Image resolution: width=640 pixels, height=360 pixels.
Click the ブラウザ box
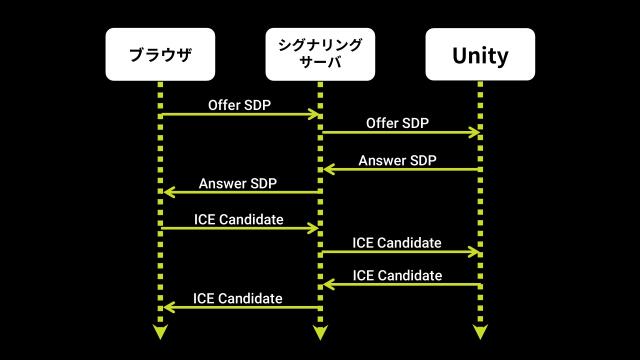(160, 55)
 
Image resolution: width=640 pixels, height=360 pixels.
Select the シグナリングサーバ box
(320, 55)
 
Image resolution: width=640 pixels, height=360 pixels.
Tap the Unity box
(480, 55)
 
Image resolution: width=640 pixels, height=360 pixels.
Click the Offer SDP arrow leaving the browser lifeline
(240, 115)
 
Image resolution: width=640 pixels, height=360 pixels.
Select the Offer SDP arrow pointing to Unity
(400, 132)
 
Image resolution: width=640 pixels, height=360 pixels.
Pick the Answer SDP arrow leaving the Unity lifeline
(400, 170)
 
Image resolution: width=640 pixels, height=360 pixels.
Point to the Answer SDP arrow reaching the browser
(240, 192)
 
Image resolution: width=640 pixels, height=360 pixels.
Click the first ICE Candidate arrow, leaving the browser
(240, 229)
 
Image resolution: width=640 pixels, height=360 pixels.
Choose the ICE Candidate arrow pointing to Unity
(400, 251)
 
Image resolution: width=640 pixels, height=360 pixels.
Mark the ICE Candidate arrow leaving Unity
(400, 285)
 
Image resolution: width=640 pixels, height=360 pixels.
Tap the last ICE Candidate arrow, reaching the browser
(240, 307)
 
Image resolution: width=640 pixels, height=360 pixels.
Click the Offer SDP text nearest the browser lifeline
(239, 104)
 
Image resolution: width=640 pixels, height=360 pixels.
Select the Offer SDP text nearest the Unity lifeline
(397, 122)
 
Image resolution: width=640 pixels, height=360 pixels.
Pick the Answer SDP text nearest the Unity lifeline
(397, 159)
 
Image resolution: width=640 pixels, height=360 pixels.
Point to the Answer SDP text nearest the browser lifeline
(237, 182)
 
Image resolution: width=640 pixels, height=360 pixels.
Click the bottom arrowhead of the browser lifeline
(160, 332)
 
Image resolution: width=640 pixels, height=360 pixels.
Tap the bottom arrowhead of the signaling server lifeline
(320, 332)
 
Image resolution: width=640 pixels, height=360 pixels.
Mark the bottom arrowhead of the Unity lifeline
(480, 332)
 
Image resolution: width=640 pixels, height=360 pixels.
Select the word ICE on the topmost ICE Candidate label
(205, 219)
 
